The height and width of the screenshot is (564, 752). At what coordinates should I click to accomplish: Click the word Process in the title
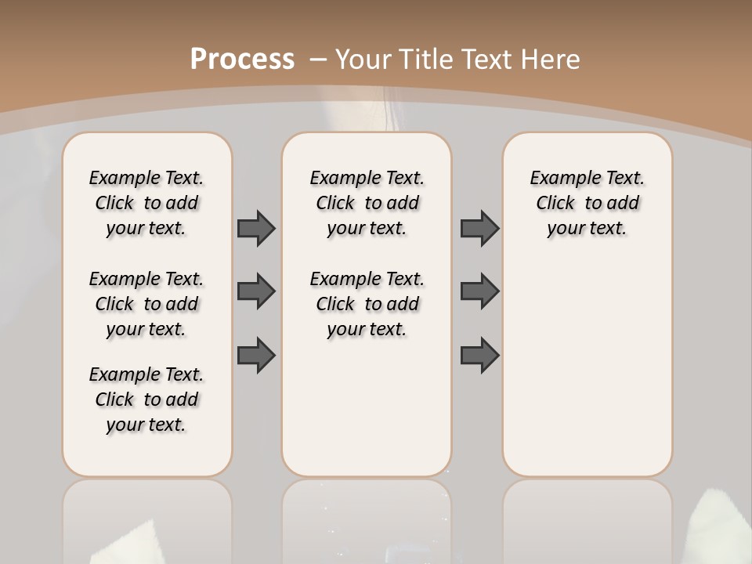(242, 59)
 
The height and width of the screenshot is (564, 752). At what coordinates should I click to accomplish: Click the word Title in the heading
(428, 60)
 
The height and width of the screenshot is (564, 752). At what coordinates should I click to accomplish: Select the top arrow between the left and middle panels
(256, 228)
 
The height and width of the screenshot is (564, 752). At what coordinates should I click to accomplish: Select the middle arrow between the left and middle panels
(256, 291)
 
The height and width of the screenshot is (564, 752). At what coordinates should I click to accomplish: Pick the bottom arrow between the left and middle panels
(256, 356)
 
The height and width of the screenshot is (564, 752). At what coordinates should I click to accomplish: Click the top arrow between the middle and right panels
(479, 228)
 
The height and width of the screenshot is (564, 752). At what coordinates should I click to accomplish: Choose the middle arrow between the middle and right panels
(479, 291)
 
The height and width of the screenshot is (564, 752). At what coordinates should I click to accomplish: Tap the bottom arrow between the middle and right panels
(479, 356)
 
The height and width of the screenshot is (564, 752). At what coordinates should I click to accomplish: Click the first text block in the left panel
(146, 203)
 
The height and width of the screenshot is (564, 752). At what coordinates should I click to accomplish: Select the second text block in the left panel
(146, 304)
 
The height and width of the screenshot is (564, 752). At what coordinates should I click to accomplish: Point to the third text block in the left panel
(146, 399)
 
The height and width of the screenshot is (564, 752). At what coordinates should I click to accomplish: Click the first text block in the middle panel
(367, 203)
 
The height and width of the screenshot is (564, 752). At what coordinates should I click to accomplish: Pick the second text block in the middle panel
(367, 304)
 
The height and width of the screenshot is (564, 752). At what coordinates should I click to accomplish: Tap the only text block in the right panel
(587, 203)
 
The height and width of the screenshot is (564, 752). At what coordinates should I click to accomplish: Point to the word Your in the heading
(365, 60)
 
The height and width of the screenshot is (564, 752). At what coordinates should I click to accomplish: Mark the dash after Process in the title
(318, 59)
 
